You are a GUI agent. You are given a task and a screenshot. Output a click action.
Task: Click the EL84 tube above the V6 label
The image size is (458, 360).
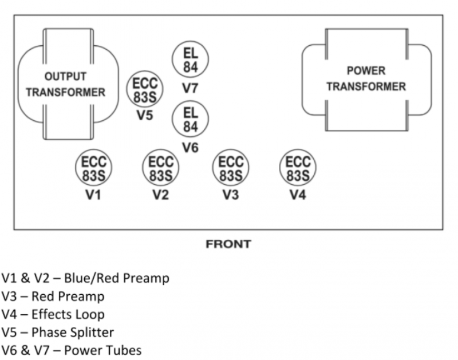tap(191, 119)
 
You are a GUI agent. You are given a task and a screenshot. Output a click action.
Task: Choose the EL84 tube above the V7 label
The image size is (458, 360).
tap(191, 60)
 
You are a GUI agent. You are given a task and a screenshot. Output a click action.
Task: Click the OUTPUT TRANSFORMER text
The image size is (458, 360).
tap(66, 84)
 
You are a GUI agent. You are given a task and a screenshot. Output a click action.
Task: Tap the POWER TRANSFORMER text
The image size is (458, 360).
tap(366, 79)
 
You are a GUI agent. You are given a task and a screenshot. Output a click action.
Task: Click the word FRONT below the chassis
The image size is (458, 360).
tap(228, 244)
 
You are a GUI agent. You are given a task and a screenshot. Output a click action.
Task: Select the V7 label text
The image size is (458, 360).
tap(191, 88)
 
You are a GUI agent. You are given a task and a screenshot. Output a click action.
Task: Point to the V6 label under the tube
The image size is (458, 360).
tap(191, 148)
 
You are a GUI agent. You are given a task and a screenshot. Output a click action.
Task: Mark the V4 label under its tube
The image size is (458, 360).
tap(297, 195)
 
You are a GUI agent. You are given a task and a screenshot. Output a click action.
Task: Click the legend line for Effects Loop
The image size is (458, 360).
tap(54, 314)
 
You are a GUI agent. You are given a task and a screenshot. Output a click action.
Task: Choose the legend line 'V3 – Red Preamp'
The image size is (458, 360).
tap(54, 296)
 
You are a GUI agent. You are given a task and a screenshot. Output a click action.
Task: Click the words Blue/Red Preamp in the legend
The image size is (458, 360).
tap(116, 279)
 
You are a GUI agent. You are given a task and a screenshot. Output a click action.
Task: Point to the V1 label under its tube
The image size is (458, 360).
tap(93, 195)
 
